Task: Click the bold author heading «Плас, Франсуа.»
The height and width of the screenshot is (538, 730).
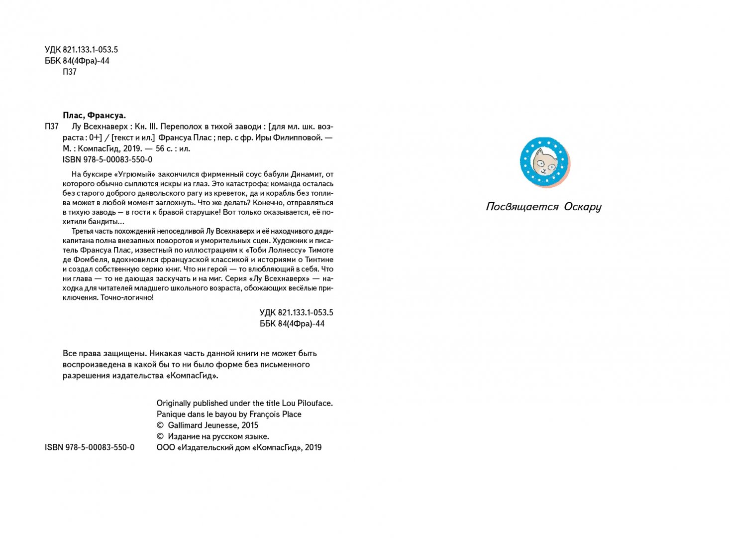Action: (94, 115)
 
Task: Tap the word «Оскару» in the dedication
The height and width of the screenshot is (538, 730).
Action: (582, 207)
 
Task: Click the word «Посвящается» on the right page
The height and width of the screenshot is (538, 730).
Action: (522, 207)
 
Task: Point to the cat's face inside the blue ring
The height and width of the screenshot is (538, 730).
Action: (544, 162)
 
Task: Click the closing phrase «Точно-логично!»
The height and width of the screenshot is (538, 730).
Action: (127, 297)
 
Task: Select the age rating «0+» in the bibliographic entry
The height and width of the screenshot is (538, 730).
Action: (95, 138)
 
